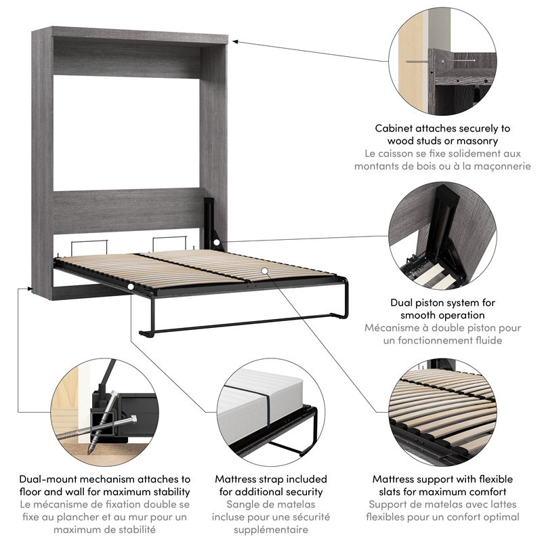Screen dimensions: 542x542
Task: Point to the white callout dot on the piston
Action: click(215, 243)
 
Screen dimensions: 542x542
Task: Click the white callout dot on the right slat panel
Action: click(266, 270)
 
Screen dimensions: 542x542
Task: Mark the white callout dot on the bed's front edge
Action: click(129, 287)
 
